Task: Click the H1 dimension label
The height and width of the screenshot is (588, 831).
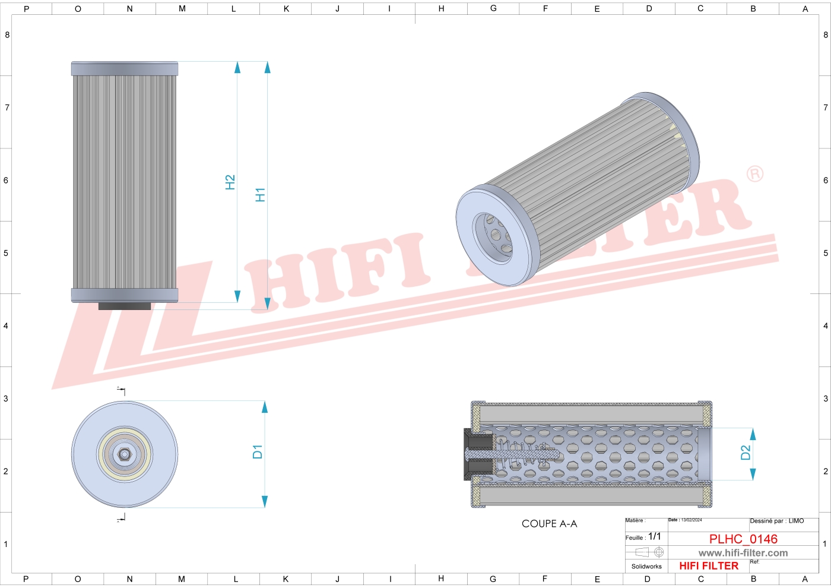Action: click(260, 194)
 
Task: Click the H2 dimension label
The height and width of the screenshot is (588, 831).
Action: click(230, 182)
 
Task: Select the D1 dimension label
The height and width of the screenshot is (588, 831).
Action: click(257, 451)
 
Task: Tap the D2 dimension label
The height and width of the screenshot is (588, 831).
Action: click(746, 453)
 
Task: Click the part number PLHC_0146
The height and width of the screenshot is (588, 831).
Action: click(743, 539)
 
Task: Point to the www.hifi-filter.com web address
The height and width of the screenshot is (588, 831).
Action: click(743, 553)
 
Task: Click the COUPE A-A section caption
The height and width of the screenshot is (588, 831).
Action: click(549, 524)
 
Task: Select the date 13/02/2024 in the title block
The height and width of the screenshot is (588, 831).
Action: click(691, 520)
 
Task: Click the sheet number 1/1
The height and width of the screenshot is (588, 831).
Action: click(654, 536)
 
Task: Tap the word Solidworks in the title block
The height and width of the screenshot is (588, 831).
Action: click(646, 567)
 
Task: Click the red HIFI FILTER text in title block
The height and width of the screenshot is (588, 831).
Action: click(709, 566)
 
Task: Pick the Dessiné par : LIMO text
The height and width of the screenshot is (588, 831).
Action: click(776, 521)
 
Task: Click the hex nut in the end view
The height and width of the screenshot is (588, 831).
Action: click(125, 454)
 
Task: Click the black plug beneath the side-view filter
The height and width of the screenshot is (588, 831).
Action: click(125, 306)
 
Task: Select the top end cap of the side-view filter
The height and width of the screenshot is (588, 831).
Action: click(125, 68)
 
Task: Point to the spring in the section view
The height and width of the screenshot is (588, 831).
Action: click(522, 455)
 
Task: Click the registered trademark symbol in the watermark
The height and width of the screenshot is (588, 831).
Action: click(754, 173)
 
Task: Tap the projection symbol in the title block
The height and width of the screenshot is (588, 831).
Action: click(649, 552)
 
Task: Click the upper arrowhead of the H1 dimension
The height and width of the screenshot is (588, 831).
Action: click(267, 67)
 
